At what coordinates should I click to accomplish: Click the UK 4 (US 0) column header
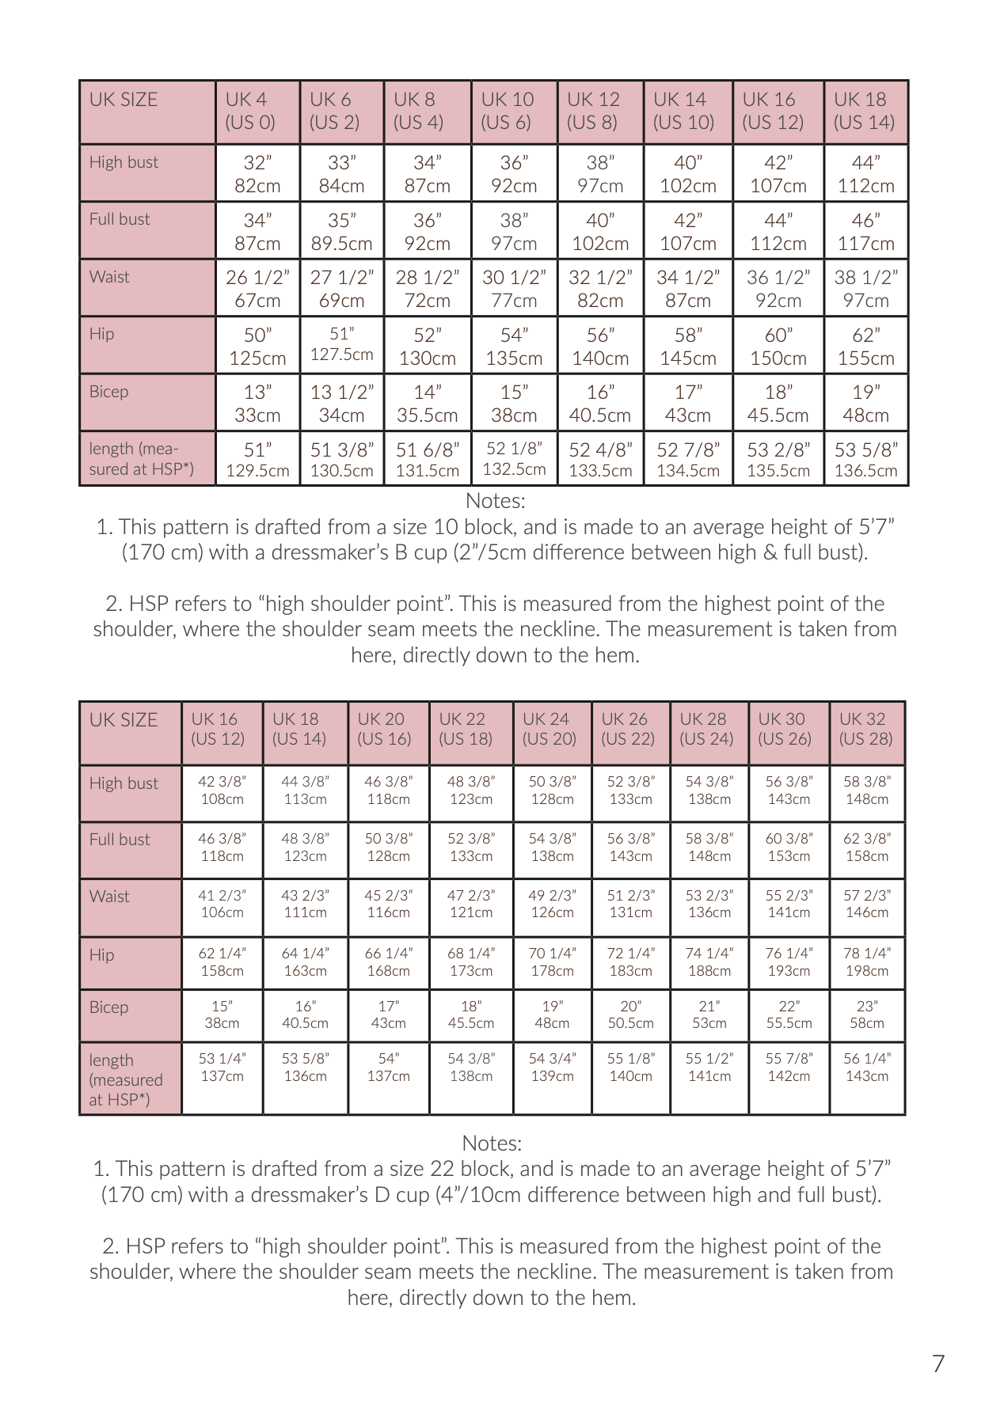click(257, 111)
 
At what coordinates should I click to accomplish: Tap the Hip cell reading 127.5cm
click(341, 344)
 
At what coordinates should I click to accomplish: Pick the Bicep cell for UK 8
click(427, 403)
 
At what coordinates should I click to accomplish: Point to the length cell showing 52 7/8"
click(687, 460)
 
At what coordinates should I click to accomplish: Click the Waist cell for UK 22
click(471, 904)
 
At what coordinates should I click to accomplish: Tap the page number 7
click(938, 1363)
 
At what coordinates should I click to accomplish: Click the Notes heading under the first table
click(495, 501)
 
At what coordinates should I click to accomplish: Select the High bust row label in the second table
click(124, 783)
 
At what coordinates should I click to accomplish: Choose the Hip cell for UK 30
click(789, 961)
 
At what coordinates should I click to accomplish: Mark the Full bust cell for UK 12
click(600, 231)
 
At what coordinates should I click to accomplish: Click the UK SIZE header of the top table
click(124, 100)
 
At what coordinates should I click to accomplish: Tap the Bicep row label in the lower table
click(108, 1007)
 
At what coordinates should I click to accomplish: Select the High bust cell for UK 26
click(630, 790)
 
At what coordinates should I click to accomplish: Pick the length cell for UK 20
click(388, 1067)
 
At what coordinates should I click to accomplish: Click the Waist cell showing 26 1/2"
click(257, 288)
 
